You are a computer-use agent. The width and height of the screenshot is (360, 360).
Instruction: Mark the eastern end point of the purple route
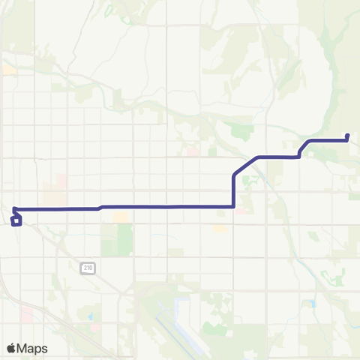348,136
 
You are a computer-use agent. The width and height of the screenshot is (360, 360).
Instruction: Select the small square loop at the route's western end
16,220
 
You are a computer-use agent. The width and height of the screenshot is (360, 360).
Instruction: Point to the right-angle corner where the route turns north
235,205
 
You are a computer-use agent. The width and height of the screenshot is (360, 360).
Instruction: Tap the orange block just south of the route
120,217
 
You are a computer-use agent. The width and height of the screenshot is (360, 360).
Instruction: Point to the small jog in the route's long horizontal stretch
100,207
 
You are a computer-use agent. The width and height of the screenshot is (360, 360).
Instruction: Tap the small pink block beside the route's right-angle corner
241,211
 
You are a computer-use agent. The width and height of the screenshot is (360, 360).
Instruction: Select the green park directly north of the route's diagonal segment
241,132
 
